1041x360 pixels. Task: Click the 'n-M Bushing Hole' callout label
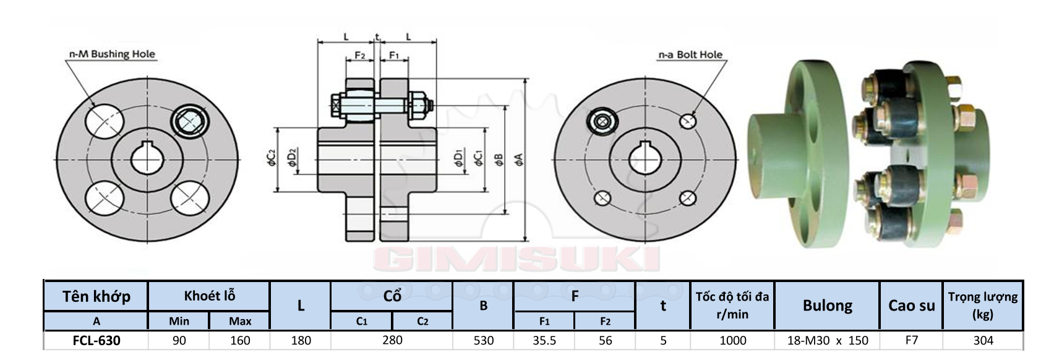tap(112, 54)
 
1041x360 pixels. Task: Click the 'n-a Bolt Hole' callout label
tap(690, 55)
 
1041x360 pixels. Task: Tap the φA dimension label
tap(519, 160)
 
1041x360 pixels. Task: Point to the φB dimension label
tap(499, 160)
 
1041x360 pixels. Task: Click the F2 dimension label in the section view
tap(360, 55)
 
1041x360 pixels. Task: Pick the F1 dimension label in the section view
tap(393, 55)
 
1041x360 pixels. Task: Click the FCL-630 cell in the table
tap(96, 340)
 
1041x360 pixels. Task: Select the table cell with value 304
tap(983, 340)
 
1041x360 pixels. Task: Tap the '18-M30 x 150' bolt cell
tap(827, 340)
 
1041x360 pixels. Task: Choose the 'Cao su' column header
tap(911, 305)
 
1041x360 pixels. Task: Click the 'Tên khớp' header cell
tap(96, 296)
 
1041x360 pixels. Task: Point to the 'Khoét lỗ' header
tap(209, 296)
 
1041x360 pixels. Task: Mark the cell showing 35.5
tap(544, 340)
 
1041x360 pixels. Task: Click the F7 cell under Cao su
tap(911, 340)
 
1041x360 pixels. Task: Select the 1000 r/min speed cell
tap(732, 340)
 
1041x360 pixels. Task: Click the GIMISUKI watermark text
tap(516, 259)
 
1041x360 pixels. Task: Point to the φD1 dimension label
tap(459, 158)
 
